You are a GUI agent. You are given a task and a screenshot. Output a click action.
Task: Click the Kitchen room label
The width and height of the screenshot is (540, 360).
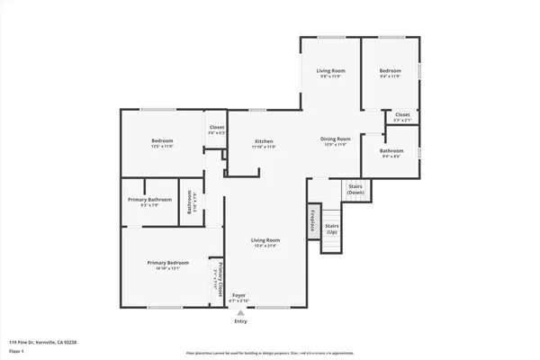[264, 142]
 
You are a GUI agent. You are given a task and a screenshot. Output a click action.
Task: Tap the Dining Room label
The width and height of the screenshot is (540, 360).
[335, 139]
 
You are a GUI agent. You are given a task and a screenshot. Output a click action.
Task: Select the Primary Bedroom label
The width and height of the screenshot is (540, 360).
[168, 263]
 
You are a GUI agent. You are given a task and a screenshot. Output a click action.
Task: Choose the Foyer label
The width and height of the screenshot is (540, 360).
[239, 295]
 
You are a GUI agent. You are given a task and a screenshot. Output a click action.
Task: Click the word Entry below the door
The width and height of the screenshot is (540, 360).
[240, 320]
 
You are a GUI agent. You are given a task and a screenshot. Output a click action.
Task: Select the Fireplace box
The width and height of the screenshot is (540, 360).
[312, 220]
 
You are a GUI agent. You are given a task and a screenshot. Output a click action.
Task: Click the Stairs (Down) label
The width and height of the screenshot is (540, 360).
[356, 189]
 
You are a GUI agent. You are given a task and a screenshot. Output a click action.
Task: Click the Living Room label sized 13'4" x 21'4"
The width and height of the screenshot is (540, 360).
[265, 240]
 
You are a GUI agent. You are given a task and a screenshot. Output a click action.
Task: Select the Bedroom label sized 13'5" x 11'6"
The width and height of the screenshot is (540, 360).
[162, 141]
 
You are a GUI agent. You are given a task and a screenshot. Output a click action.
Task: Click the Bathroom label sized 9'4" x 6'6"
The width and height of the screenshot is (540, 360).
[391, 151]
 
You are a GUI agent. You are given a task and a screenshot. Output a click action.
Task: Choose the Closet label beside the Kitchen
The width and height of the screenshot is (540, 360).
[217, 128]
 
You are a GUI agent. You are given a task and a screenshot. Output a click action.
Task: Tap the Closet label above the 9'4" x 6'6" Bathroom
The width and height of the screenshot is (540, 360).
[402, 115]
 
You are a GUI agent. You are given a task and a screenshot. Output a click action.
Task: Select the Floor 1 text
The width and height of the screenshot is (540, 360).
[16, 352]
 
